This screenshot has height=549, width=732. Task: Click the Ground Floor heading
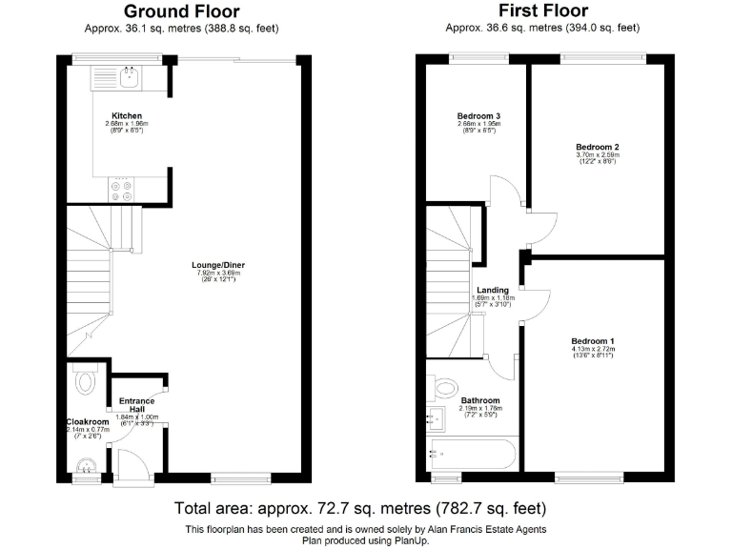(183, 11)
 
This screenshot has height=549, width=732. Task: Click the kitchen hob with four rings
(122, 188)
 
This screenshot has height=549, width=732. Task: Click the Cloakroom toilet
(85, 382)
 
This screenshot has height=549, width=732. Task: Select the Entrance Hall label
(137, 404)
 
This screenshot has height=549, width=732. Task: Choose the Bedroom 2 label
(598, 147)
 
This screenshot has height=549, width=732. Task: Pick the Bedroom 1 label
(593, 341)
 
